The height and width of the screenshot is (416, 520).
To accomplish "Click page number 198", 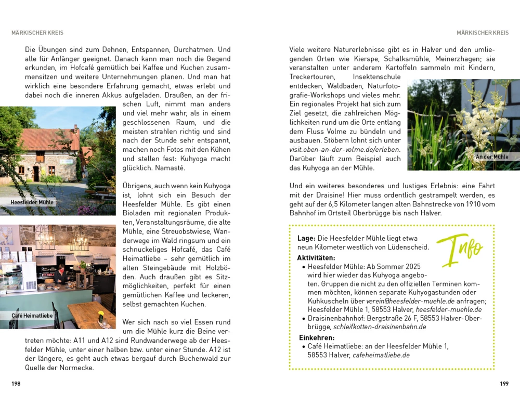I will (x=16, y=384).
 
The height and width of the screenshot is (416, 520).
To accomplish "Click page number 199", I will (x=504, y=384).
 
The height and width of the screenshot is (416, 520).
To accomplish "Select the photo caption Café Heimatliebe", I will (x=32, y=316).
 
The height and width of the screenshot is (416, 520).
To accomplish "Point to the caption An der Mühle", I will (x=491, y=157).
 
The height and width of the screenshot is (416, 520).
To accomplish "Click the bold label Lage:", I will (x=306, y=238).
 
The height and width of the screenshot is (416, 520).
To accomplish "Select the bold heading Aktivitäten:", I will (x=316, y=258).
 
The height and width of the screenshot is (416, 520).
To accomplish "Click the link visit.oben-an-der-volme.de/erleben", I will (x=344, y=150).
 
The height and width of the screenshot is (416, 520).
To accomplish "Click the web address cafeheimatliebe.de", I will (x=381, y=355).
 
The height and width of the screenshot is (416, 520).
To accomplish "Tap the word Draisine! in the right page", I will (x=326, y=195).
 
